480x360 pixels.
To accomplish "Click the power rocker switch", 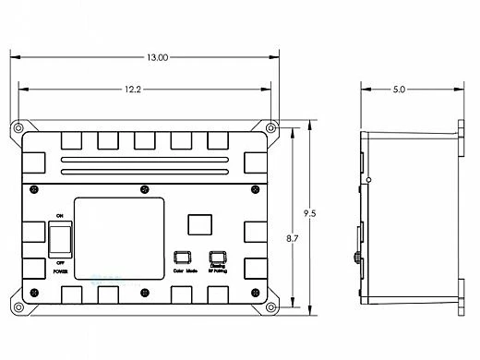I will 60,238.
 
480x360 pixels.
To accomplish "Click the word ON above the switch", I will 60,215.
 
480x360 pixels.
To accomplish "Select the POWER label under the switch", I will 60,271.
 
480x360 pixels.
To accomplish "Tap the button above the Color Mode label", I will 182,258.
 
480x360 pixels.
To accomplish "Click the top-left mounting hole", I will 18,127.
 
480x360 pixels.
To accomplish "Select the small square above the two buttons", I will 198,224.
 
